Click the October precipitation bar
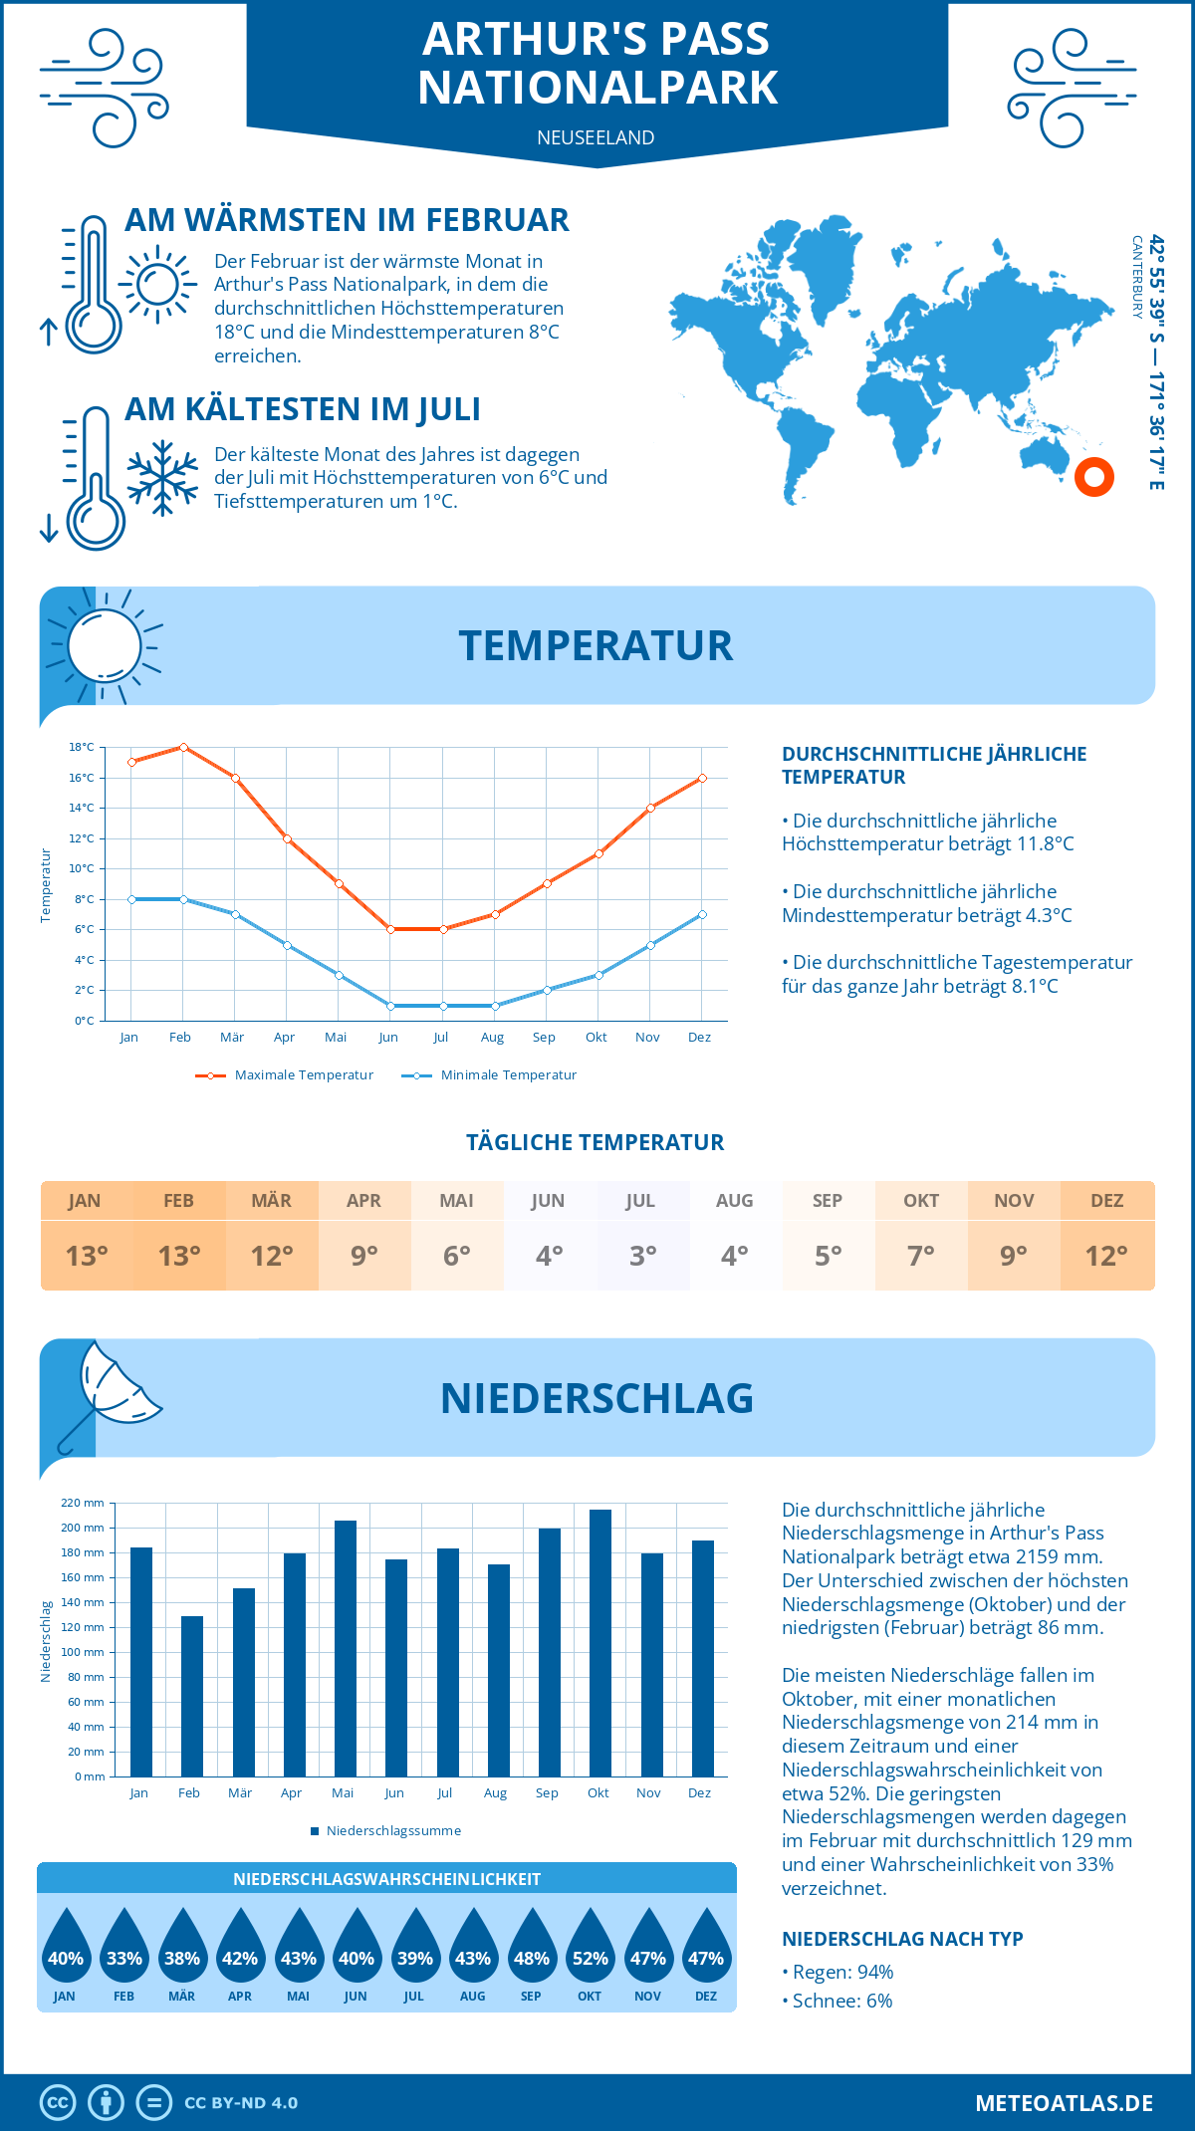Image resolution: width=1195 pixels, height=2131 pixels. click(599, 1643)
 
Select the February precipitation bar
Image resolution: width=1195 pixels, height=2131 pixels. click(191, 1696)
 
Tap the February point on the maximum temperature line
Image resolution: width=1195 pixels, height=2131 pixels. click(183, 747)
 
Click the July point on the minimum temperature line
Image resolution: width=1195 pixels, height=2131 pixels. click(443, 1006)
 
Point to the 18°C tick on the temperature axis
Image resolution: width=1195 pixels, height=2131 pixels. click(82, 747)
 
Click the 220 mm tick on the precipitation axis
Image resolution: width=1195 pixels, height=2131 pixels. click(83, 1503)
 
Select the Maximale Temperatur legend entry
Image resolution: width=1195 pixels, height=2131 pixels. click(285, 1075)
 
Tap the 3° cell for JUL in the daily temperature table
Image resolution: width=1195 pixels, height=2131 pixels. click(642, 1256)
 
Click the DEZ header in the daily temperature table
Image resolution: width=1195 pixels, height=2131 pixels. click(1106, 1201)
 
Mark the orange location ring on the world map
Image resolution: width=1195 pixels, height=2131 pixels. click(1093, 477)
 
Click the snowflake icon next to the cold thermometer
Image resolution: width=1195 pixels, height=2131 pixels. click(162, 478)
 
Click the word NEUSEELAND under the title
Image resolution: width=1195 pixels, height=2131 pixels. click(596, 137)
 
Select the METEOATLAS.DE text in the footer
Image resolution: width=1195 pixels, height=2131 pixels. click(1064, 2103)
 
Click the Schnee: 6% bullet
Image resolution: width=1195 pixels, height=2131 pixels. click(836, 2001)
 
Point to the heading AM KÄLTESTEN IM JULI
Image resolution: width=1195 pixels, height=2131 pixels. click(302, 409)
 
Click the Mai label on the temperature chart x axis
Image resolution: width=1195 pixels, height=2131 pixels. click(336, 1038)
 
